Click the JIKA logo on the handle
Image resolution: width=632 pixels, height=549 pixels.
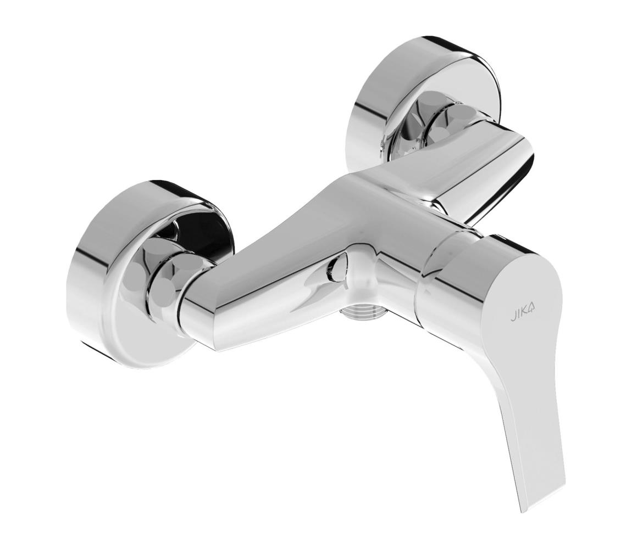pos(523,311)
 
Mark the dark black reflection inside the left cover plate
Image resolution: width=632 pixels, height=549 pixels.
pos(203,231)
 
